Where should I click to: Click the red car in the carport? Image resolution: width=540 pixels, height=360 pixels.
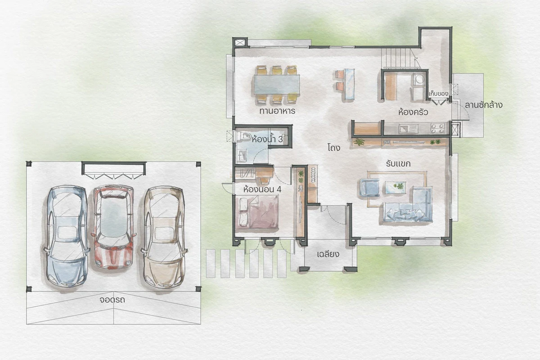click(113, 227)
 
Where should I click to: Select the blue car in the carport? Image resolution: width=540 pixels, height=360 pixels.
click(67, 236)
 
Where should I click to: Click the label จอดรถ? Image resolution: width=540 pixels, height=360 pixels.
click(112, 300)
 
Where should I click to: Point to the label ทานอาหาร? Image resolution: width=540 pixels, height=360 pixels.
click(277, 111)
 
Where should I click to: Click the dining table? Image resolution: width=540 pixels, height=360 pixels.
click(277, 85)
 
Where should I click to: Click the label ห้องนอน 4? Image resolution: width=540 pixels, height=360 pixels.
click(262, 189)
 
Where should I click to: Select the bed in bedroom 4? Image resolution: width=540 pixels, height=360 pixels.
click(257, 212)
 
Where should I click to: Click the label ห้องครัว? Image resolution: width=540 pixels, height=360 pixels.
click(413, 112)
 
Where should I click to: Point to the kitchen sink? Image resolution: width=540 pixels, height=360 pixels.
click(407, 129)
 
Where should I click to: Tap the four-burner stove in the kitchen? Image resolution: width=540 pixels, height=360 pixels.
click(437, 129)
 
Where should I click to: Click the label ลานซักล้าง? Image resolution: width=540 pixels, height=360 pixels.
click(484, 105)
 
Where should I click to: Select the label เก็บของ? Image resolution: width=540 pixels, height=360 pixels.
click(438, 94)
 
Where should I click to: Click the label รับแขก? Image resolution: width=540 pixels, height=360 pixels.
click(398, 164)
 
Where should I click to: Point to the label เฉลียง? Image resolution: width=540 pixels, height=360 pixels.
click(328, 254)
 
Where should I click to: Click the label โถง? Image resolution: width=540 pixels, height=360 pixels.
click(334, 148)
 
